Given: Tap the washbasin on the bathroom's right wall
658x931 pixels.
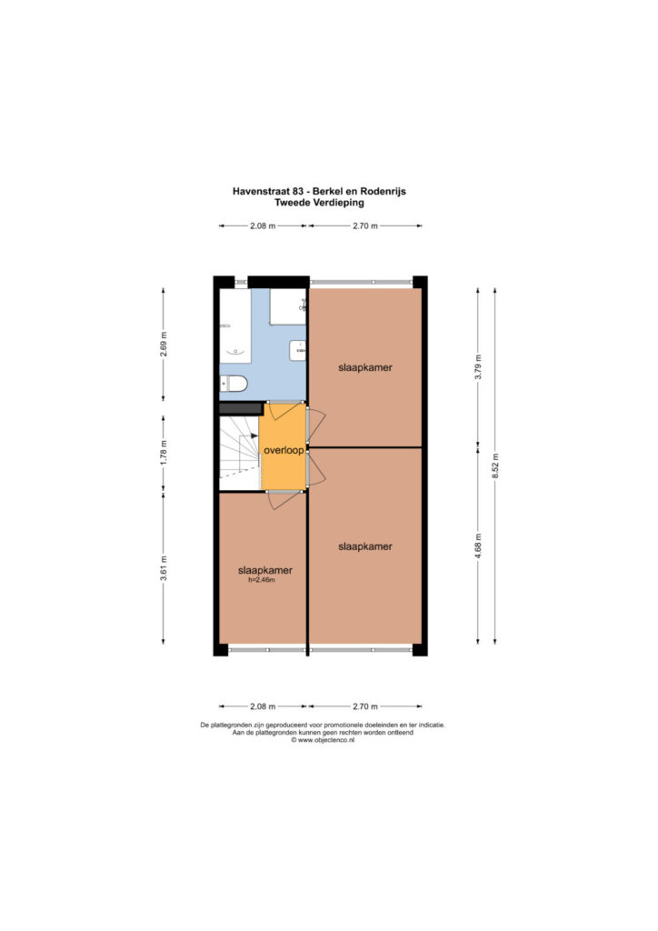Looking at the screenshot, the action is click(x=298, y=350).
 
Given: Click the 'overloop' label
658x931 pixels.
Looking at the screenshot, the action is click(x=284, y=450).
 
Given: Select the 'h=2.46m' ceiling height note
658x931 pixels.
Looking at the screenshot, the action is click(x=262, y=580).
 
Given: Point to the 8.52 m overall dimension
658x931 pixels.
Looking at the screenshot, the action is click(x=495, y=465).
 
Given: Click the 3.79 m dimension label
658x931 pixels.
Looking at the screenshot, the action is click(x=478, y=367).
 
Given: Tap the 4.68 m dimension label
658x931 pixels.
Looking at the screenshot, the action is click(x=478, y=546).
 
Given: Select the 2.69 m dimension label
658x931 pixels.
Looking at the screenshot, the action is click(x=164, y=344).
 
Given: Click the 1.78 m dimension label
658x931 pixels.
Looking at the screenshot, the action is click(x=164, y=452).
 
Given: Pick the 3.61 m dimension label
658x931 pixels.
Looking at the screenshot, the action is click(x=164, y=568).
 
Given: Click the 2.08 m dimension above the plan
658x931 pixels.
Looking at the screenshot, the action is click(x=263, y=225).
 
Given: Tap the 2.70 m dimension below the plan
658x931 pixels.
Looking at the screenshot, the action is click(x=364, y=706).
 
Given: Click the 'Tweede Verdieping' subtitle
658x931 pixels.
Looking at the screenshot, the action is click(x=319, y=203).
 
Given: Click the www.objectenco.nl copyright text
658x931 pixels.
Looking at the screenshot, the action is click(x=323, y=740).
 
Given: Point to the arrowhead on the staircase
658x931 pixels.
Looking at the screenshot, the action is click(x=254, y=436).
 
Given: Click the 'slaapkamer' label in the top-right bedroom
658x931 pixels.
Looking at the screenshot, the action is click(x=364, y=367).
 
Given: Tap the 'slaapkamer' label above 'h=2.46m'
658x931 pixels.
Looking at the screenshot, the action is click(x=265, y=570).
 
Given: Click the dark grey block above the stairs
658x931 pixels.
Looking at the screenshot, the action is click(x=241, y=408).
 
